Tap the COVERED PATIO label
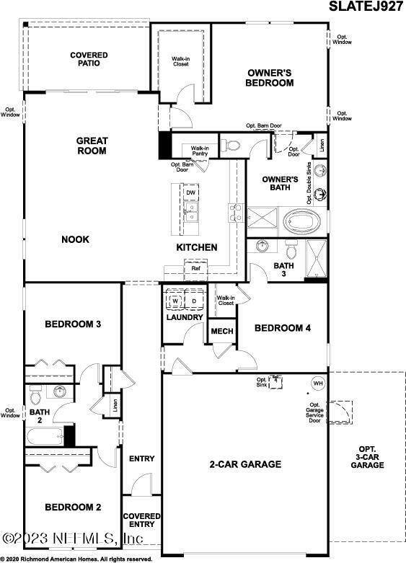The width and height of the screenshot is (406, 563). click(x=89, y=59)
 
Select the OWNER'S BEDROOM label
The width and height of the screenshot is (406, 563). click(x=270, y=77)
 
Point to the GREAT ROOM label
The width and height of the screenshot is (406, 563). click(x=92, y=146)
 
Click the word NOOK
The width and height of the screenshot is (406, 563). click(x=75, y=239)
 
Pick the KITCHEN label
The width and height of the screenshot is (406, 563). click(x=197, y=247)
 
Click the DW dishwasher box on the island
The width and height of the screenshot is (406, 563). click(x=190, y=193)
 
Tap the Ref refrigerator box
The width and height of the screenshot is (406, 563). click(x=195, y=270)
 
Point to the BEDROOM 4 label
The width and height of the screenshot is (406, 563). click(x=282, y=328)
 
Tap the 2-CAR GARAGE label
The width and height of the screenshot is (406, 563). click(x=246, y=464)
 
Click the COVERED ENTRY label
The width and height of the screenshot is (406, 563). click(x=141, y=520)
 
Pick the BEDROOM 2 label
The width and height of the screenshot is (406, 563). click(x=73, y=507)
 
